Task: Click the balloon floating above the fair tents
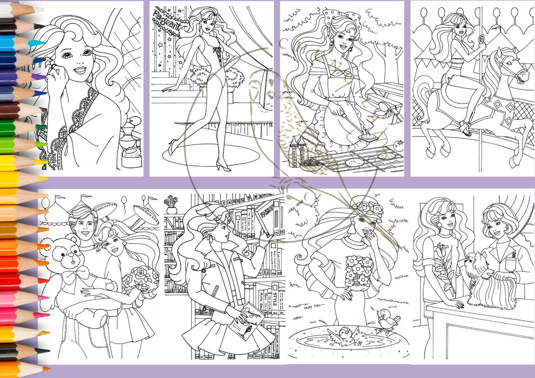(x=124, y=202)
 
